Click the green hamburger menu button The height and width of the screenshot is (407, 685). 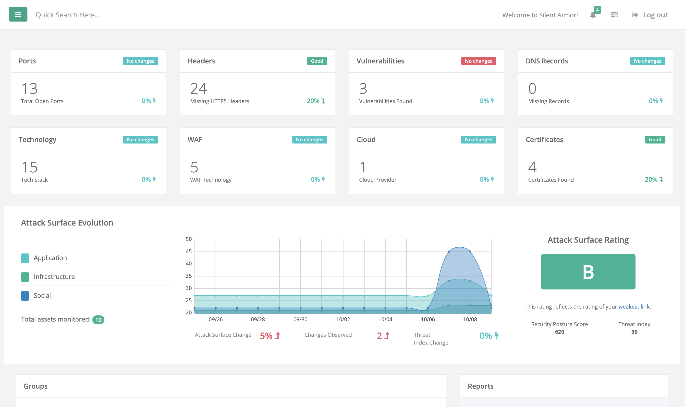[x=18, y=14]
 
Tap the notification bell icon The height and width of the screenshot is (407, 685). [x=593, y=15]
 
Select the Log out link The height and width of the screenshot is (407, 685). [x=655, y=15]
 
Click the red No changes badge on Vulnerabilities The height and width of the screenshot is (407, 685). [x=478, y=61]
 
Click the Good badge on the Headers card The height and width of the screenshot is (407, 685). [x=317, y=61]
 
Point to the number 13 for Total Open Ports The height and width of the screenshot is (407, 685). [x=29, y=89]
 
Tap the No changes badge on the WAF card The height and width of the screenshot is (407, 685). [x=309, y=140]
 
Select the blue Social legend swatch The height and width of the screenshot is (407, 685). [x=25, y=296]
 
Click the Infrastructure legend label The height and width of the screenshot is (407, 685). [x=54, y=277]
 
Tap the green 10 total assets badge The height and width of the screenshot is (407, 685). [x=98, y=320]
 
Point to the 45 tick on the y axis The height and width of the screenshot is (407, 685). [x=188, y=251]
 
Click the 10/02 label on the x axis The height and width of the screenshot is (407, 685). [x=343, y=320]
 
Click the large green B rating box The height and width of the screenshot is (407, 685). [x=588, y=272]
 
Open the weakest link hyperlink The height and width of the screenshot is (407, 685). [x=634, y=307]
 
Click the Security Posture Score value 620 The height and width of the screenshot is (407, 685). [x=559, y=332]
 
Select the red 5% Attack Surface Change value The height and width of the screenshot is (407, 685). [x=266, y=336]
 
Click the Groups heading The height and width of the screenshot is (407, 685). [x=35, y=386]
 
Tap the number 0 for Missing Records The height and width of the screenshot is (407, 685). [x=532, y=89]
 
